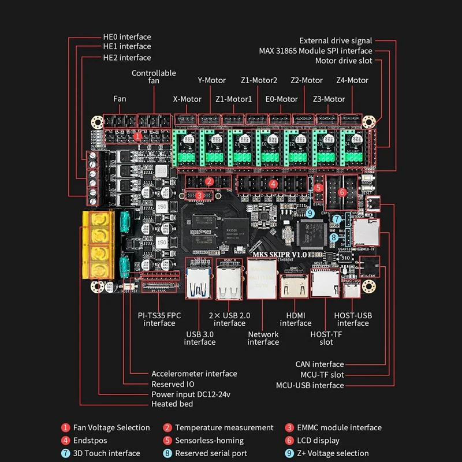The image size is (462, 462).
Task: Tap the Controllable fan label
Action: (154, 77)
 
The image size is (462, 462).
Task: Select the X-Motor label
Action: (187, 99)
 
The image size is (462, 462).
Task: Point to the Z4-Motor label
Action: (352, 80)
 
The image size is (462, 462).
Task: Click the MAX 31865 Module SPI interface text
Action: (315, 51)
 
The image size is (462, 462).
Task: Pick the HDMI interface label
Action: (296, 319)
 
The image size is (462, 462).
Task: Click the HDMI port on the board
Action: (293, 286)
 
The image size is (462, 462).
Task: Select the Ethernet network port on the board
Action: (263, 278)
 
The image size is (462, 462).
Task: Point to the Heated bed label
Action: (172, 404)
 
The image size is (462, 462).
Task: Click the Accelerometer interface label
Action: (194, 374)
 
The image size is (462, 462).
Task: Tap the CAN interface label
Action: (319, 364)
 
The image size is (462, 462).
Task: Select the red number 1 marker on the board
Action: (137, 137)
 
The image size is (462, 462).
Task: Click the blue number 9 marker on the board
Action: (310, 213)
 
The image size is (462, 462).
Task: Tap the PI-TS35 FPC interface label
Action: (159, 319)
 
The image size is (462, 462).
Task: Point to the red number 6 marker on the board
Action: (342, 192)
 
